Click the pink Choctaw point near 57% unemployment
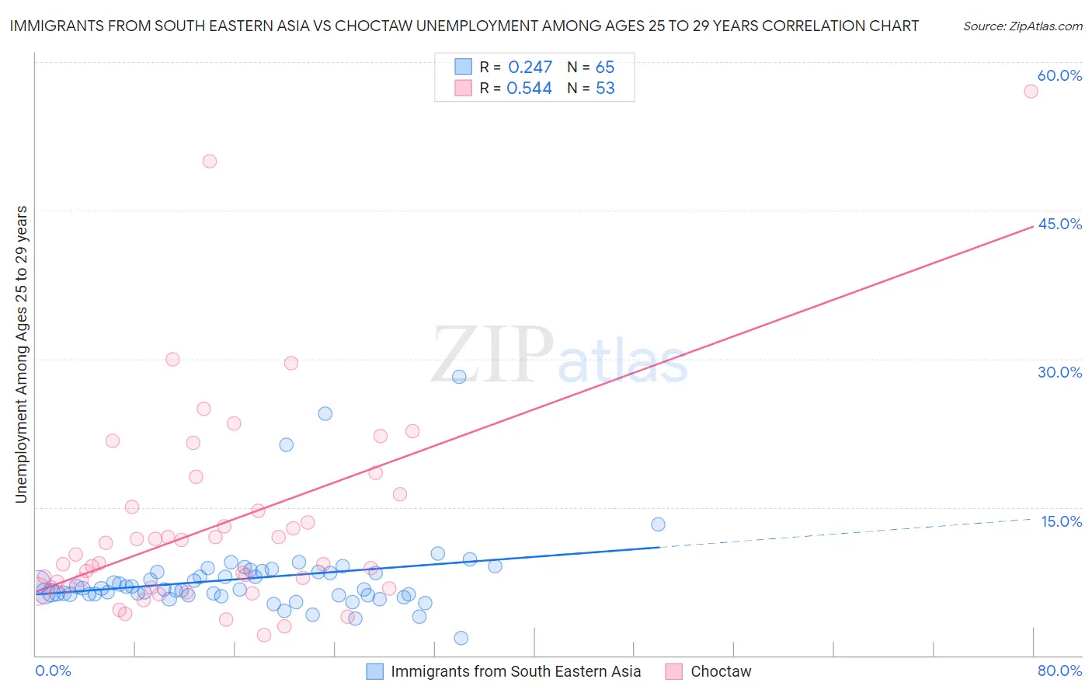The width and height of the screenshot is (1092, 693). point(1031,91)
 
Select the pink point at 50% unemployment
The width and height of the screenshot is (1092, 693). point(210,162)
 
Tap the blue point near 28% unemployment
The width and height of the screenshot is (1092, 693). point(459,377)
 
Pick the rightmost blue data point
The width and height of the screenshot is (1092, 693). point(658,524)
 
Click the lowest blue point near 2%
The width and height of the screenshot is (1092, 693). point(461,638)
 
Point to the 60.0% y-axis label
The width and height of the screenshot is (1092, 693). point(1059,75)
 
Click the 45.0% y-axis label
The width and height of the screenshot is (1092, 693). point(1059,224)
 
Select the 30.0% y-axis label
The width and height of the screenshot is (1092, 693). point(1059,372)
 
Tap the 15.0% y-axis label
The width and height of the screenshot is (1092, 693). point(1061,521)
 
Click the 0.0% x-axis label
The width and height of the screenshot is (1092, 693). point(53,670)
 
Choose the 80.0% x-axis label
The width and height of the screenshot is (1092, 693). point(1059,670)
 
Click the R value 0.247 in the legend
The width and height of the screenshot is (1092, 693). point(530,68)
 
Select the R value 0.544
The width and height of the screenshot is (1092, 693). point(529,89)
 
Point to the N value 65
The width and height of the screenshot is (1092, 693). point(605,68)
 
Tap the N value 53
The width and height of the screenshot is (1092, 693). point(605,89)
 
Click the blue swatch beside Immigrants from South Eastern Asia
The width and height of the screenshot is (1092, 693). point(374,671)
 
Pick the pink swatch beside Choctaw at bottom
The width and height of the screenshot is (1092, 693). point(673,671)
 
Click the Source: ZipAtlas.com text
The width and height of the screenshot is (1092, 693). point(1022,26)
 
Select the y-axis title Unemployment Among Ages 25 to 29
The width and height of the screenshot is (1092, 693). point(22,353)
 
